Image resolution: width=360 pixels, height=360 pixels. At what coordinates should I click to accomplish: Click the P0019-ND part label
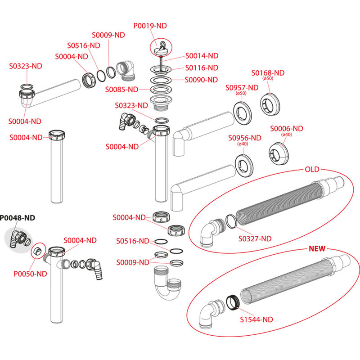(x=150, y=26)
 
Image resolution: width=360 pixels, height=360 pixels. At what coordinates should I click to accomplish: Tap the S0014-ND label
(x=202, y=56)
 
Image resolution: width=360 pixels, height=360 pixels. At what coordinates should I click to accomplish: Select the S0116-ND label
(x=202, y=67)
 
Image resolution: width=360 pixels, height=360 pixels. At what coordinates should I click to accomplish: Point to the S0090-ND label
(x=202, y=80)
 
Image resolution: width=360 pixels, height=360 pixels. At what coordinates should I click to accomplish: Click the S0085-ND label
(x=121, y=90)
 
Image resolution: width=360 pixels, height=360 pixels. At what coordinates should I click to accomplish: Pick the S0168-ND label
(x=268, y=73)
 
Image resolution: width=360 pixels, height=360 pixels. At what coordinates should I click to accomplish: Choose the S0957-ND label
(x=242, y=87)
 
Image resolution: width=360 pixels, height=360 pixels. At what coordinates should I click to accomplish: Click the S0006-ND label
(x=287, y=129)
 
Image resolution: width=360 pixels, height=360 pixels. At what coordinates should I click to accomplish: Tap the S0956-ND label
(x=245, y=138)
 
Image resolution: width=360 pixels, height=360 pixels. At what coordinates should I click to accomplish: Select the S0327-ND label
(x=255, y=238)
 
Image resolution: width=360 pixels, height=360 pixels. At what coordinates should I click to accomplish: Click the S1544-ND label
(x=256, y=319)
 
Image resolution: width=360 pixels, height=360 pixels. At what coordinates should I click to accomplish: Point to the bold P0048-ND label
(x=17, y=218)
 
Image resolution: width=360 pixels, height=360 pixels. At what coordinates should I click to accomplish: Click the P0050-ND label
(x=30, y=273)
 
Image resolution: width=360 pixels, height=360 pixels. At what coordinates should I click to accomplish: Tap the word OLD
(x=312, y=169)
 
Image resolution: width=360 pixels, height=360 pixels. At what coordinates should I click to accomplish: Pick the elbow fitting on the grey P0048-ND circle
(x=19, y=237)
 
